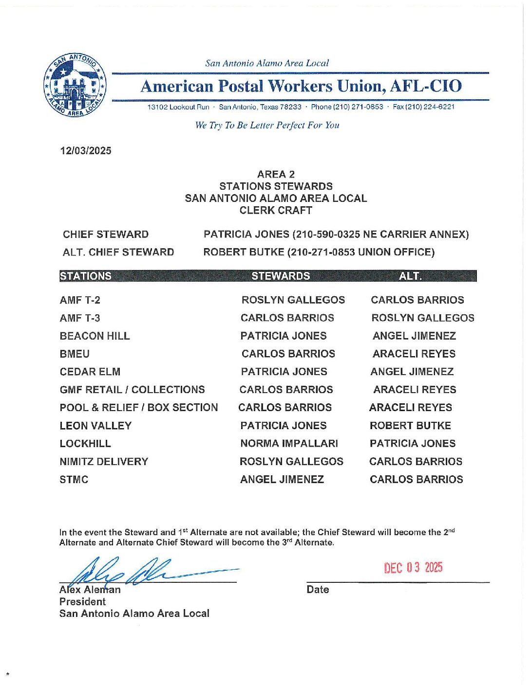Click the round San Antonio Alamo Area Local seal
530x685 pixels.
tap(75, 85)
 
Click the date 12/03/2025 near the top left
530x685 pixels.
tap(86, 151)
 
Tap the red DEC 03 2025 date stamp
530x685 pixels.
tap(413, 568)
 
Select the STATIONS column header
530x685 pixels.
tap(86, 276)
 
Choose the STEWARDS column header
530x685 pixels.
tap(281, 276)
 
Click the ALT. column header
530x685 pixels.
tap(410, 276)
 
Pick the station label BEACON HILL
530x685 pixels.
tap(95, 336)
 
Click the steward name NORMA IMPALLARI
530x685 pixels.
tap(289, 444)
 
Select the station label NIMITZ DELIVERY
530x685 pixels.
tap(104, 462)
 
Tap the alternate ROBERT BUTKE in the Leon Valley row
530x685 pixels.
tap(410, 426)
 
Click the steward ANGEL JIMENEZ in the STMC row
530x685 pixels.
tap(282, 480)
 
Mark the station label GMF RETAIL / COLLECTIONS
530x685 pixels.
tap(132, 390)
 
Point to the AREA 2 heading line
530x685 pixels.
tap(276, 174)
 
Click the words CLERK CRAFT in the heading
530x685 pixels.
tap(276, 211)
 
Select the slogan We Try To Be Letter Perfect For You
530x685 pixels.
tap(267, 126)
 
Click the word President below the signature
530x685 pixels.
tap(82, 602)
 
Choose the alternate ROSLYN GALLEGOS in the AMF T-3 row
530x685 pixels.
tap(423, 318)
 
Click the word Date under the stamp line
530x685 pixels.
tap(318, 590)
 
